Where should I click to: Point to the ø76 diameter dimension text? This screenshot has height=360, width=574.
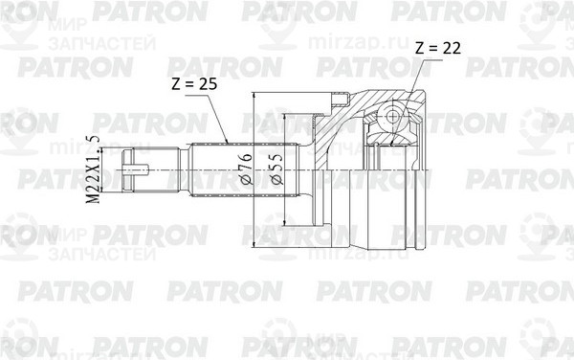click(246, 169)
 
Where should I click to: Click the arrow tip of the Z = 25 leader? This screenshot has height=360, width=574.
click(227, 145)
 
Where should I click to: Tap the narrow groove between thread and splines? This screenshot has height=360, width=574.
click(186, 171)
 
